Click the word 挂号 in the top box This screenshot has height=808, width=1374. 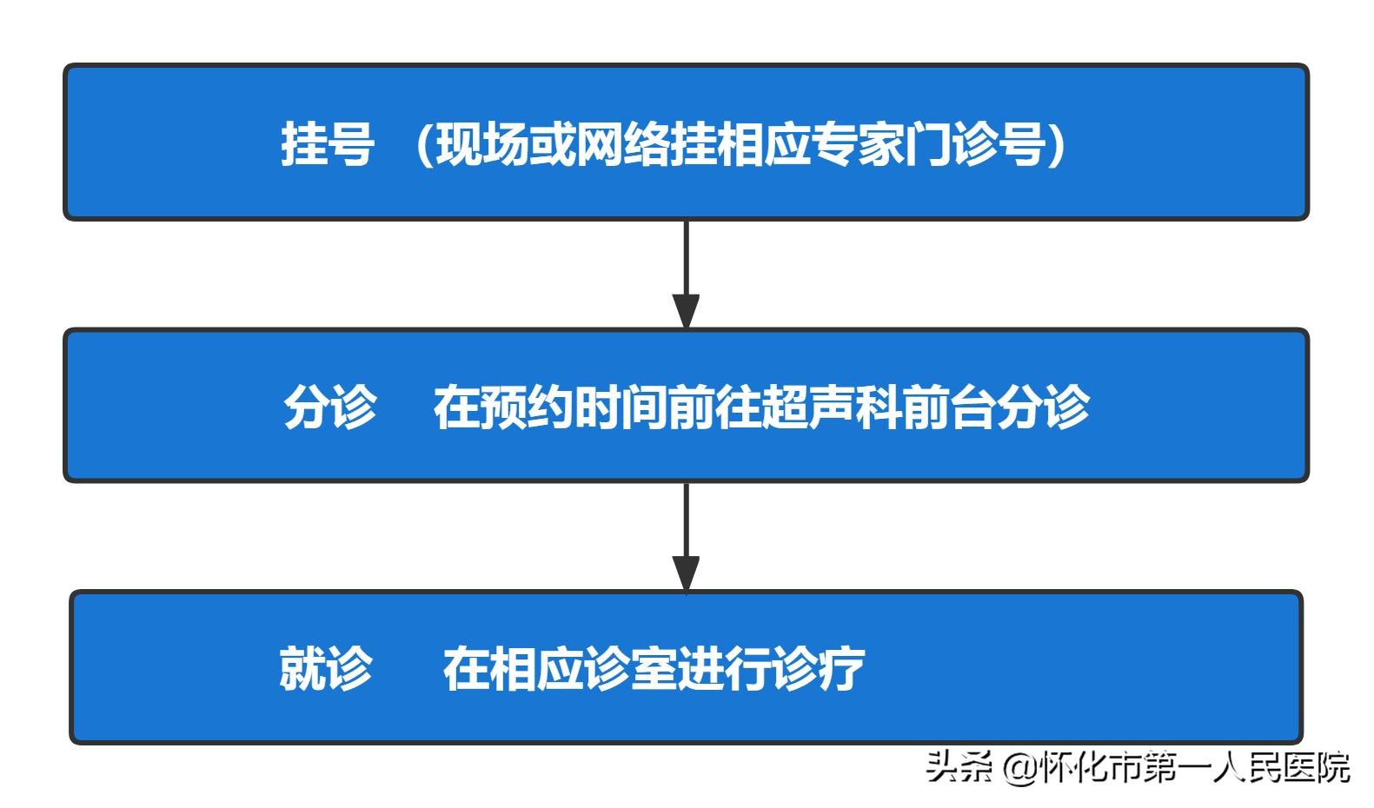coord(327,144)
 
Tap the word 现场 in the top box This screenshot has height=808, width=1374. coord(482,144)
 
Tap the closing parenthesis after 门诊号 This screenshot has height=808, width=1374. coord(1057,144)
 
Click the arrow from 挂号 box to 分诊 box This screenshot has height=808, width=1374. coord(686,275)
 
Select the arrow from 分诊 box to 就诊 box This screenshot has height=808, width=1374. coord(686,537)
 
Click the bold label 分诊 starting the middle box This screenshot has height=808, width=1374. coord(330,407)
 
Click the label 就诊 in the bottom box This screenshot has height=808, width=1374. coord(325,669)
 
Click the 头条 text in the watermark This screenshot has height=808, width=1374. coord(959,767)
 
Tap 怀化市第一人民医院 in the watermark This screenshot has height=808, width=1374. coord(1194,767)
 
